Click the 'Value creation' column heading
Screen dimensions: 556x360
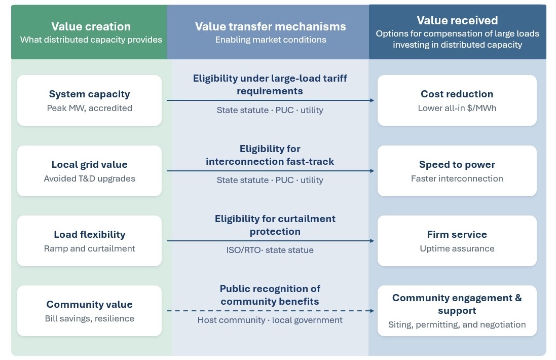pos(91,26)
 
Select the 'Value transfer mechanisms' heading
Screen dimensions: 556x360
pos(270,26)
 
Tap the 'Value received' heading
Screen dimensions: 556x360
pos(457,21)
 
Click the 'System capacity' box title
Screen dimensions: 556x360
pos(89,94)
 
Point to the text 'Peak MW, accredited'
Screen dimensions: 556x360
pos(89,108)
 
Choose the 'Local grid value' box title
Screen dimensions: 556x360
pos(89,165)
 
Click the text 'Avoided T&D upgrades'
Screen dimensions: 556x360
pos(89,179)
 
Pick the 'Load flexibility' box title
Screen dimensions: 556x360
pos(89,234)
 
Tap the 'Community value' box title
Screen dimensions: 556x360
pos(89,304)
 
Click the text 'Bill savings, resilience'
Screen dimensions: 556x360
pos(89,318)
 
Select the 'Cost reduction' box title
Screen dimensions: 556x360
pos(457,94)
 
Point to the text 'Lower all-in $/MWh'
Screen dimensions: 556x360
pos(457,108)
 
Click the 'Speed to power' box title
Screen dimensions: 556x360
pos(457,165)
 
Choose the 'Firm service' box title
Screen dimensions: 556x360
pos(457,234)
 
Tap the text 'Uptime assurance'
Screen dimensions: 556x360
pos(457,248)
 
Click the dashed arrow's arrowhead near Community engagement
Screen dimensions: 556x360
pos(372,311)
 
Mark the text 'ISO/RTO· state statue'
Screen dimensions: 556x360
pos(270,250)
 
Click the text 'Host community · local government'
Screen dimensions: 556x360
pos(270,320)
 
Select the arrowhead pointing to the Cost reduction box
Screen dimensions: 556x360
pos(372,100)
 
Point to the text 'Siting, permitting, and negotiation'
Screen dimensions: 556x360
pos(457,325)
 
